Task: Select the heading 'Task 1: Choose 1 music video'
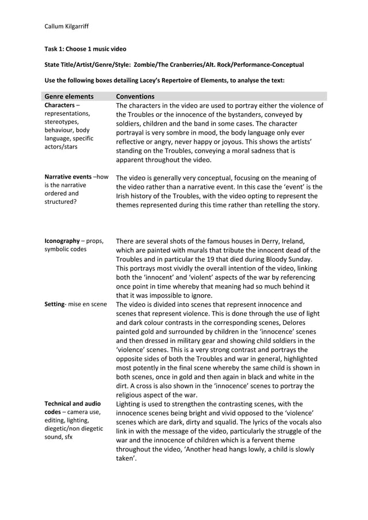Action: [x=85, y=49]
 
